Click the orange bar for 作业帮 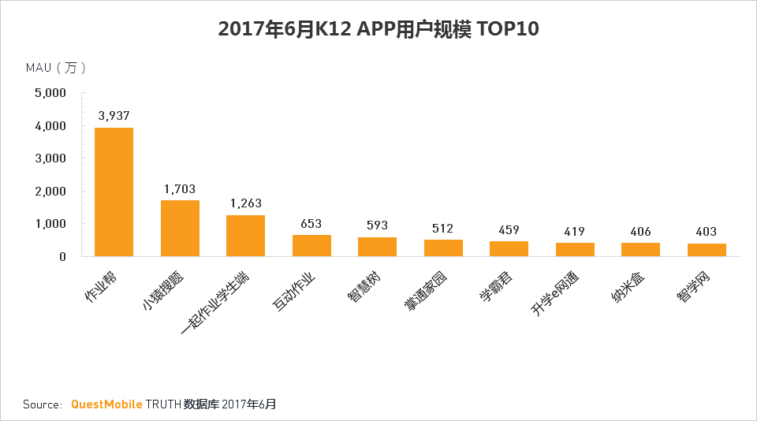click(x=114, y=192)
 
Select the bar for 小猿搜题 click(x=180, y=228)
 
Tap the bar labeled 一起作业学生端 click(x=245, y=235)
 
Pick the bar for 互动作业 click(x=311, y=245)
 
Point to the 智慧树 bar click(x=377, y=246)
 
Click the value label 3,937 click(x=114, y=115)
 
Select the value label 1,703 click(x=180, y=188)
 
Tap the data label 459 click(x=509, y=231)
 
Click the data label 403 click(x=706, y=232)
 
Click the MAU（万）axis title click(x=56, y=68)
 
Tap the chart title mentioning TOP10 click(x=378, y=29)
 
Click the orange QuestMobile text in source click(x=106, y=404)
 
